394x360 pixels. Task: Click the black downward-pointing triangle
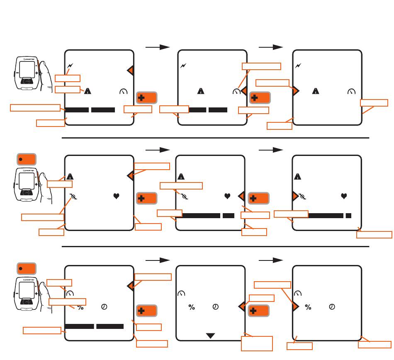[x=211, y=335]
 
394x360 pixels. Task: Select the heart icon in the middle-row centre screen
[x=227, y=196]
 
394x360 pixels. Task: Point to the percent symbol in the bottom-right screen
[x=308, y=307]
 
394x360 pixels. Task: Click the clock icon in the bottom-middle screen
[x=216, y=307]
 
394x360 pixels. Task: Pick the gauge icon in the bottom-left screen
[x=70, y=293]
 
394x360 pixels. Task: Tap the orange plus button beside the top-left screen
[x=147, y=98]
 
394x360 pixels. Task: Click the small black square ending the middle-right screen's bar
[x=349, y=216]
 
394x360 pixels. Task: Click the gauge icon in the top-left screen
[x=123, y=91]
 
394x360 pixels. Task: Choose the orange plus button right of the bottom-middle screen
[x=258, y=311]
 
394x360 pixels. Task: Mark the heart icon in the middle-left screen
[x=117, y=196]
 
